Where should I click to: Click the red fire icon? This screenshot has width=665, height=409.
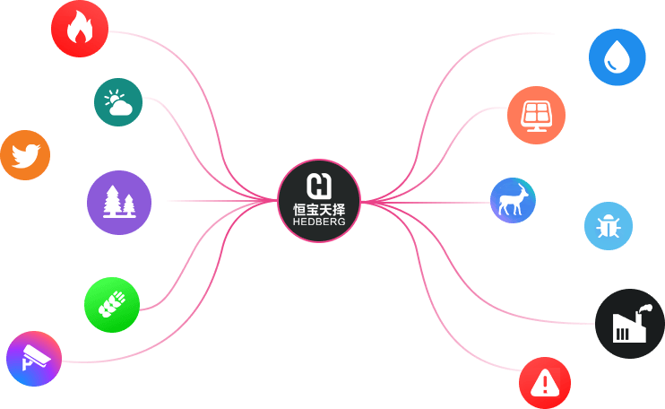tap(80, 29)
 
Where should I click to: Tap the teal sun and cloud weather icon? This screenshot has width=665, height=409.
tap(118, 102)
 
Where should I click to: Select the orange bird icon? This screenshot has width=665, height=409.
tap(24, 155)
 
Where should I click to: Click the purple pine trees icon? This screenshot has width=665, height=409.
tap(119, 203)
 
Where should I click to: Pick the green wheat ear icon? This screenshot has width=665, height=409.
tap(112, 305)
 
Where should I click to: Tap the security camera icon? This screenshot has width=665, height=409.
tap(34, 359)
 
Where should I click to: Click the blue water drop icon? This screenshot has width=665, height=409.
tap(617, 57)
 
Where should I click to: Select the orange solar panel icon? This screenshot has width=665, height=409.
tap(536, 114)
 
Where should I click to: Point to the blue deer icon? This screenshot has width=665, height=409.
tap(513, 200)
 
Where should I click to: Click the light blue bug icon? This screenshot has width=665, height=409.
tap(609, 225)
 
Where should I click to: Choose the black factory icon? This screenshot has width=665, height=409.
tap(630, 324)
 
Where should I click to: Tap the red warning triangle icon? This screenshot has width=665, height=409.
tap(544, 383)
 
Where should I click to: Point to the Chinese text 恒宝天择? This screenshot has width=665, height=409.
tap(319, 209)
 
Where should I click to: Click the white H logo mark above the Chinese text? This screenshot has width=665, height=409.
tap(319, 186)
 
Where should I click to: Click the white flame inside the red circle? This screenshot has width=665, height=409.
tap(80, 30)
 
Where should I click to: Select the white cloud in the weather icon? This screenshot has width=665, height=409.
tap(121, 109)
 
